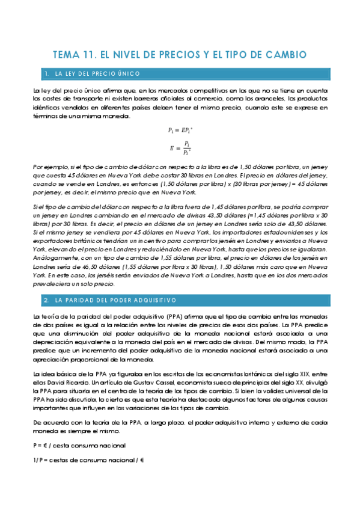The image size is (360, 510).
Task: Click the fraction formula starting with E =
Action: [180, 147]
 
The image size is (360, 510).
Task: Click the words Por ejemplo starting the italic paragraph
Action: [49, 165]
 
